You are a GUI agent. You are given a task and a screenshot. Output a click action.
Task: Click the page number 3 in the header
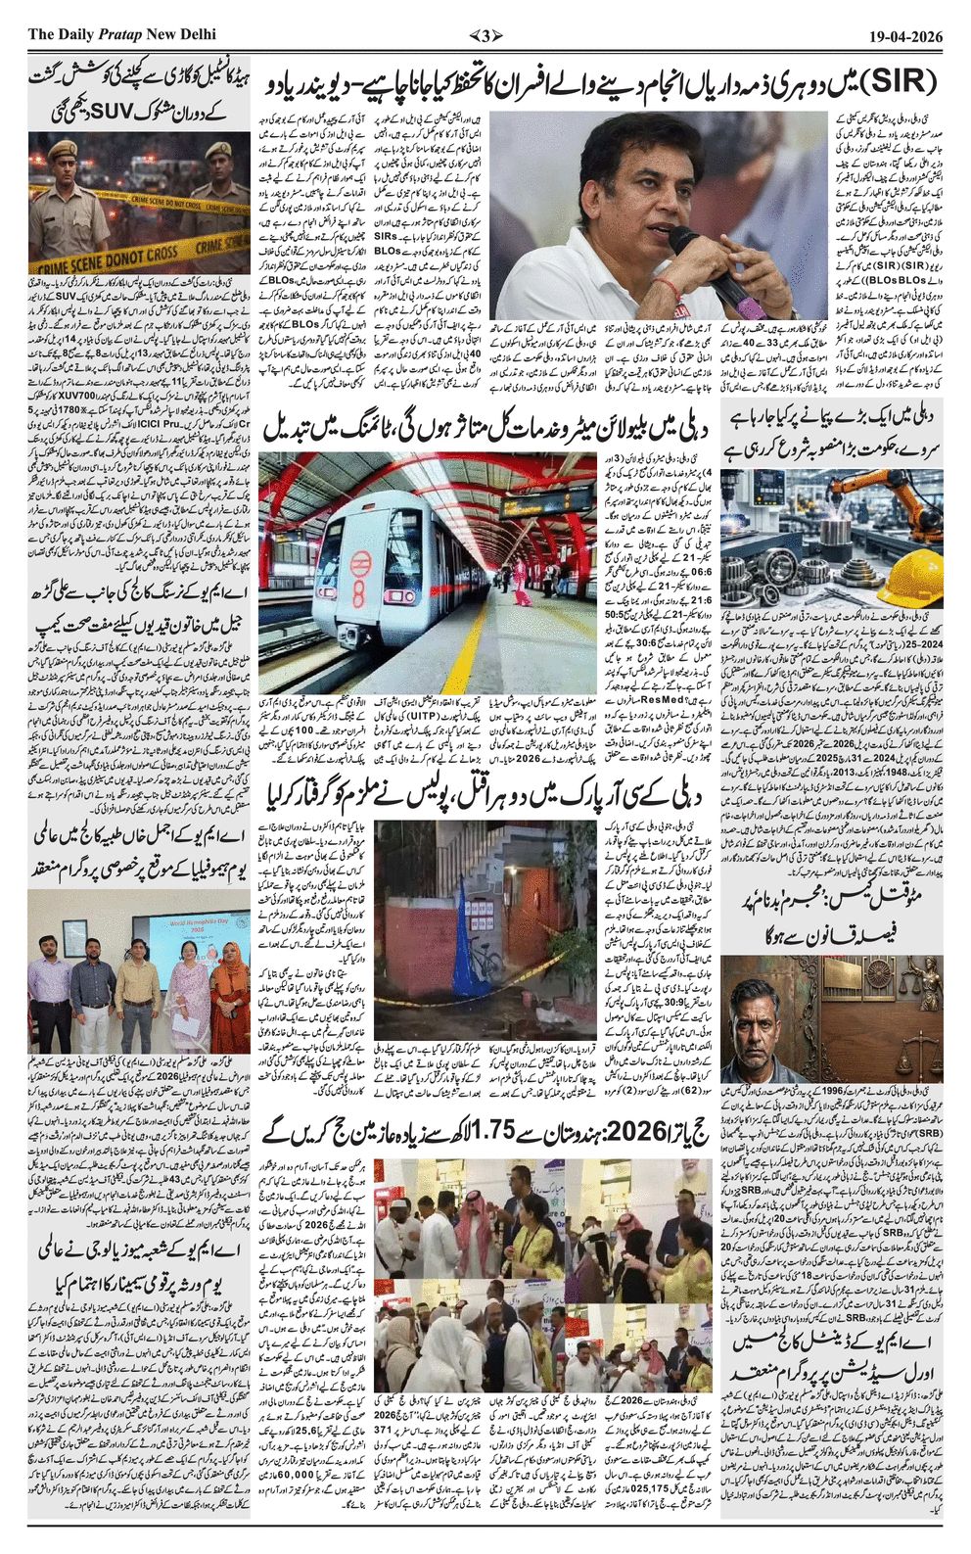click(485, 36)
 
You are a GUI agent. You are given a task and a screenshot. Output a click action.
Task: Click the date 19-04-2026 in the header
click(905, 36)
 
